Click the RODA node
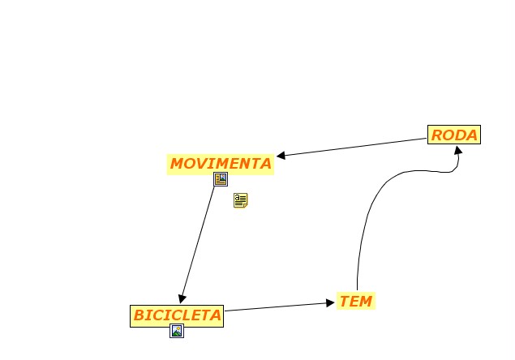tap(454, 135)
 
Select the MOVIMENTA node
tap(221, 164)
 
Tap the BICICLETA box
tap(177, 315)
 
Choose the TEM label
tap(355, 302)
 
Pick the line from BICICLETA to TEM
tap(276, 306)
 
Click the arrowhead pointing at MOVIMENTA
tap(281, 156)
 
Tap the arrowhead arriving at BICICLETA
tap(183, 298)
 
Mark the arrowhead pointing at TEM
tap(330, 302)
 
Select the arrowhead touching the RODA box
tap(458, 150)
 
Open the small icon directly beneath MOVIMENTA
tap(221, 179)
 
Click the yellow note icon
tap(240, 200)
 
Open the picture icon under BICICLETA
tap(177, 331)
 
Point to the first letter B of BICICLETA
tap(139, 315)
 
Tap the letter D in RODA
tap(460, 135)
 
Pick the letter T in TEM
tap(344, 302)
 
